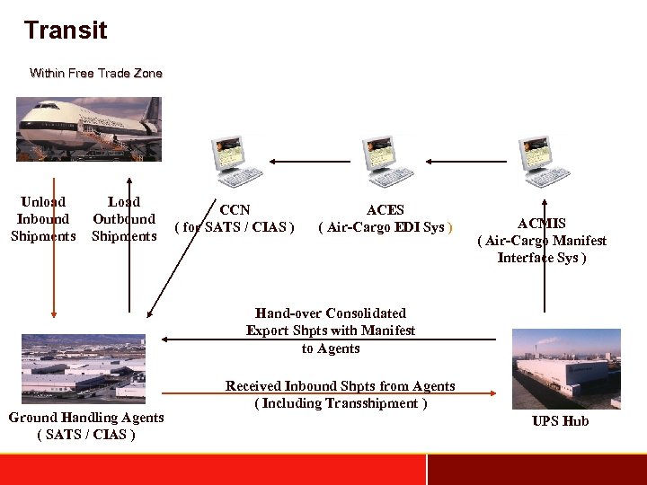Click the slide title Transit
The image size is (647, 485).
pos(66,31)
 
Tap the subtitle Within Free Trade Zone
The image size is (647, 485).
pos(96,73)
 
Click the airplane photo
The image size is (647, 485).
pos(88,128)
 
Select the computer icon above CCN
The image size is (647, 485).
pos(235,161)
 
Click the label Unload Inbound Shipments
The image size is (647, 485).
pos(43,219)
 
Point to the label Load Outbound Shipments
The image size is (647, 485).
pos(124,219)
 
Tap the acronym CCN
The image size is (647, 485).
pos(235,210)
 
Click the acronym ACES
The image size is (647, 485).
pos(386,210)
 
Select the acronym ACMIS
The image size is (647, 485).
pos(542,224)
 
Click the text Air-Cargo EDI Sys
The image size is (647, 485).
pos(386,227)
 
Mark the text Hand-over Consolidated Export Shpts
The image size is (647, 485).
pos(331,322)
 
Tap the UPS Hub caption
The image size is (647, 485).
pos(561,421)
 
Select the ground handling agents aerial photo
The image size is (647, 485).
pos(83,366)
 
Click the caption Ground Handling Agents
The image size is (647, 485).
pos(86,418)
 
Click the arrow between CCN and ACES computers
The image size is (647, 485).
pos(311,162)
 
